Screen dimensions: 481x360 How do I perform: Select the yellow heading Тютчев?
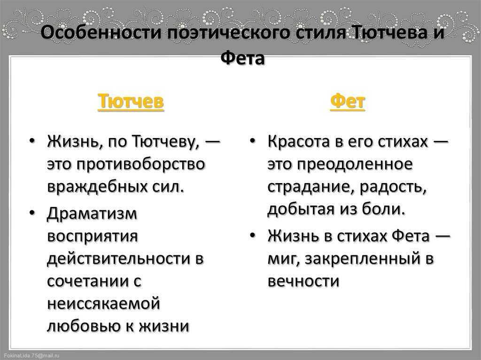point(131,101)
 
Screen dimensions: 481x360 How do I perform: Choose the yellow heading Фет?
point(348,101)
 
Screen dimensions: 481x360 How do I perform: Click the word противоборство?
point(140,165)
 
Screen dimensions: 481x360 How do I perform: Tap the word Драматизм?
point(92,213)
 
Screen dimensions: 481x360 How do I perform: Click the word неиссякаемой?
point(104,304)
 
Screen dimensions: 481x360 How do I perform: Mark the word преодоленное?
point(355,165)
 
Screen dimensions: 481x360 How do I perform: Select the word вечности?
point(303,281)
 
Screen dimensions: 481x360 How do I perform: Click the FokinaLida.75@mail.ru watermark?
point(31,356)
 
